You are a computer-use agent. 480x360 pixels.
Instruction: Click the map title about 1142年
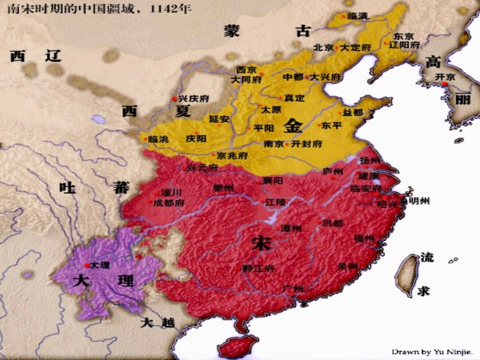tap(96, 9)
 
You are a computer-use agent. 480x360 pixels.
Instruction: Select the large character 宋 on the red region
tap(261, 244)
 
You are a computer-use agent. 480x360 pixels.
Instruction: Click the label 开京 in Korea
tap(445, 77)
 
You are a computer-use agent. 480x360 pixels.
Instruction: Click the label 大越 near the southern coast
tap(157, 323)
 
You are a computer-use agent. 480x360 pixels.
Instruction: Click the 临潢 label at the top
tap(358, 17)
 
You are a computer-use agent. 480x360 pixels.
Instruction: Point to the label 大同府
tap(246, 80)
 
